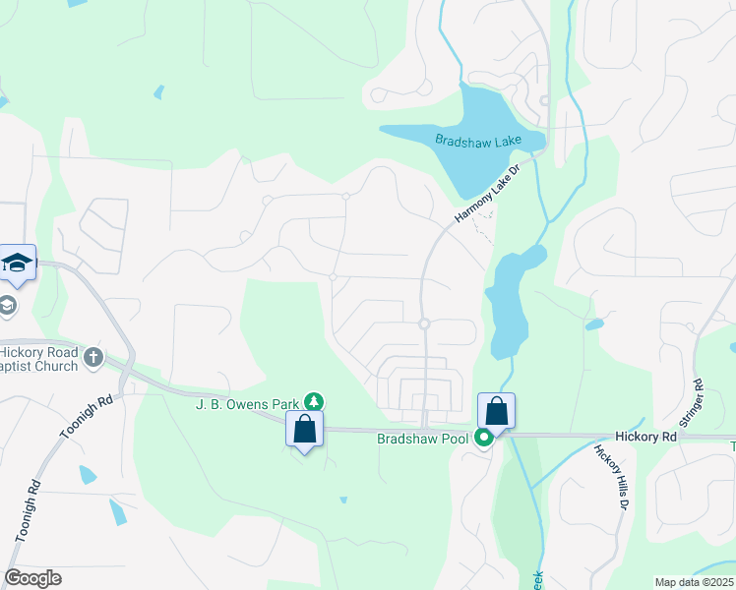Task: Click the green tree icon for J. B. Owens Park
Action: (x=314, y=401)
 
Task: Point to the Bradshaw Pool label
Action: (x=422, y=439)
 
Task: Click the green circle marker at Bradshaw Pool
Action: (x=484, y=439)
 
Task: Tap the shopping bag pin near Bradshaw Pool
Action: (x=497, y=411)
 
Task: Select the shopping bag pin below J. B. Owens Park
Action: (x=304, y=429)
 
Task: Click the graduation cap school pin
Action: (x=18, y=262)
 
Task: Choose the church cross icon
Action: (x=93, y=357)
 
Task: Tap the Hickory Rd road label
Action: (x=645, y=435)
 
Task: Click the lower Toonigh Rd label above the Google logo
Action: (x=27, y=510)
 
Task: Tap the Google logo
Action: (x=32, y=578)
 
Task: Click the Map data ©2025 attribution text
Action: (x=694, y=582)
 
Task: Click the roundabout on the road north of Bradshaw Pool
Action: (x=425, y=324)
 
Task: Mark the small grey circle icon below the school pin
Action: (x=8, y=305)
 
